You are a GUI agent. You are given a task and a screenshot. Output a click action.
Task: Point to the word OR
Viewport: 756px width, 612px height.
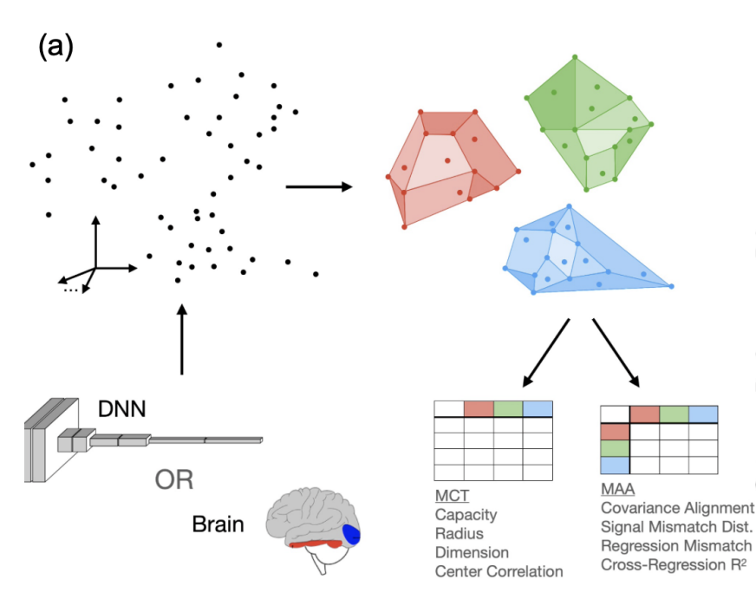pos(173,479)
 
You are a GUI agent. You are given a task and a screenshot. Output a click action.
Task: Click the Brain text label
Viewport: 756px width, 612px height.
pos(218,524)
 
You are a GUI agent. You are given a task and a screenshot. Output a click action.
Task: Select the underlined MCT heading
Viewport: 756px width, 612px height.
pos(452,496)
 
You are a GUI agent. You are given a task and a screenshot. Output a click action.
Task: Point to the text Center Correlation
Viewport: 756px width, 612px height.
pos(499,571)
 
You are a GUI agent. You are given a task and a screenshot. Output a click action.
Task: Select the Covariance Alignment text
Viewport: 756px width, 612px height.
pos(677,507)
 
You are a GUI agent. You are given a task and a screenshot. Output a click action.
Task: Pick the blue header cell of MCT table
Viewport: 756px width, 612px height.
pos(538,408)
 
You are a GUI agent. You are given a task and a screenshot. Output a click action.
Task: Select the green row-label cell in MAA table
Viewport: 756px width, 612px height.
pos(615,449)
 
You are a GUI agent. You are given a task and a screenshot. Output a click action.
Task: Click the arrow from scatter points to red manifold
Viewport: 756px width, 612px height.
pos(317,186)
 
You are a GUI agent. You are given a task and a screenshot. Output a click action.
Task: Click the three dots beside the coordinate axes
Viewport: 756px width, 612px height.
pos(71,290)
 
